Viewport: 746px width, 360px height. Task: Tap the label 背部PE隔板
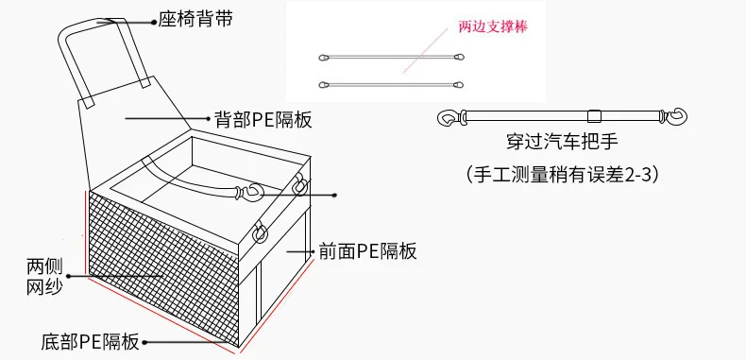(x=263, y=118)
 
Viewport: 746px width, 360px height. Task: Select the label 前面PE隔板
(x=367, y=251)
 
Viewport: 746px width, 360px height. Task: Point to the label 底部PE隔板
(x=91, y=342)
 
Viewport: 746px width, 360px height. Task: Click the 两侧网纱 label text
(x=44, y=277)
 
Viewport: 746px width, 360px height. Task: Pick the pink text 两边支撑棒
(x=493, y=26)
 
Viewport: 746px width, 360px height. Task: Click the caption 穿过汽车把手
(x=562, y=142)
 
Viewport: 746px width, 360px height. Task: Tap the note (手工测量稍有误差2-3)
(x=562, y=175)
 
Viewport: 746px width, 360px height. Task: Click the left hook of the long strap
(x=449, y=117)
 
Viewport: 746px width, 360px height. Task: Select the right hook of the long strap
(x=675, y=116)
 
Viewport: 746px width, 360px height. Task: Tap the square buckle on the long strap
(x=594, y=115)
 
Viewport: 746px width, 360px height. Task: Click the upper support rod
(x=391, y=57)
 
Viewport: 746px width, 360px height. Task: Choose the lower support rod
(x=391, y=85)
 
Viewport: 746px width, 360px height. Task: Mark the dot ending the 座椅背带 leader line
(x=153, y=22)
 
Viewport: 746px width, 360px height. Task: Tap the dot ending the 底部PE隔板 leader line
(x=144, y=342)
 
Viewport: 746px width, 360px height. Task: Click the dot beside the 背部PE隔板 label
(x=209, y=117)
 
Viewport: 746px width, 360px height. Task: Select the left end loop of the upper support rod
(x=324, y=58)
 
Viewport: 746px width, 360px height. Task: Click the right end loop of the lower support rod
(x=458, y=85)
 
